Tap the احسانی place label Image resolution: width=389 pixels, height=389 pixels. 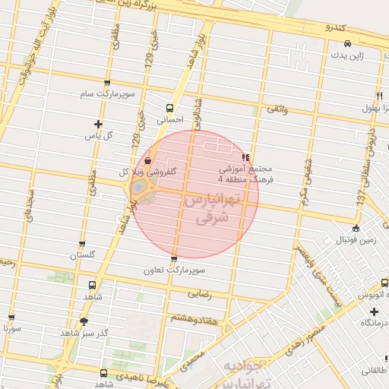[169, 119]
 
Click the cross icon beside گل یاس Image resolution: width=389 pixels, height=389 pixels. [98, 124]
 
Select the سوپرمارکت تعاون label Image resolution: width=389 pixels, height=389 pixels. [174, 270]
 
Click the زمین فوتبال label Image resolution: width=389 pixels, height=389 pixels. [355, 239]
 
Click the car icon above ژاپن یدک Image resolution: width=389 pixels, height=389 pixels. [347, 43]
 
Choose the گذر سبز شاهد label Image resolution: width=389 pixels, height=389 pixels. [84, 334]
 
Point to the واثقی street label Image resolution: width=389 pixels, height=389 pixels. [275, 111]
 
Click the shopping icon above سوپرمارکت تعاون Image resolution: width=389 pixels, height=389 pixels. [174, 259]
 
